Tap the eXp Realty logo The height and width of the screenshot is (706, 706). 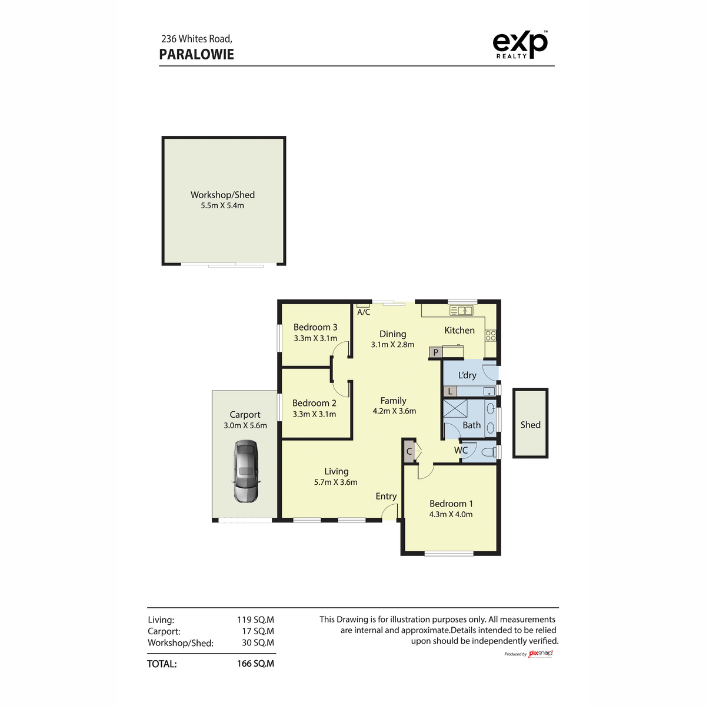520,45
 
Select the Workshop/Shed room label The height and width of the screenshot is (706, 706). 222,195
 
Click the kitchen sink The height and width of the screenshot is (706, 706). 461,311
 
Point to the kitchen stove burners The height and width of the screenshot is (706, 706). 491,335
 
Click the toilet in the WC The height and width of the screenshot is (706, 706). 487,452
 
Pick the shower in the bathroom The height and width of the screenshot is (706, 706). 455,409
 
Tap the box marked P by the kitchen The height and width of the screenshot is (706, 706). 436,352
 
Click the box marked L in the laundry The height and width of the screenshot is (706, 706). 450,391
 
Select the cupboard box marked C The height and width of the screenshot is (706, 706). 409,452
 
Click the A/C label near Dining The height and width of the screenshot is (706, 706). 364,312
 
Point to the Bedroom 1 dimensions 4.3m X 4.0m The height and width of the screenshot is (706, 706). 451,514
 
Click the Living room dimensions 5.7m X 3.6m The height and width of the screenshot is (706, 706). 335,482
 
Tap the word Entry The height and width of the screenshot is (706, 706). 386,497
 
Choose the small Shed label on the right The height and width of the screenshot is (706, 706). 530,425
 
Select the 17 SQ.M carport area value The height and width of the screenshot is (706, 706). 258,631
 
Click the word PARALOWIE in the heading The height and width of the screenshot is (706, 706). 197,55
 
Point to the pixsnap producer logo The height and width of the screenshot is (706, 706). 541,654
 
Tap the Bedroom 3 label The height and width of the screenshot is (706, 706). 315,327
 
